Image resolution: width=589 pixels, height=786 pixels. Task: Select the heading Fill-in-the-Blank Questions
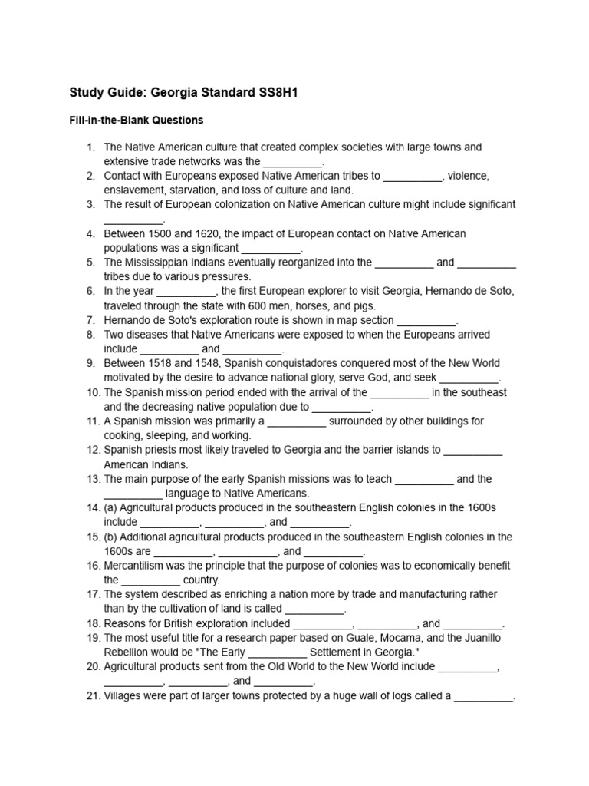[136, 121]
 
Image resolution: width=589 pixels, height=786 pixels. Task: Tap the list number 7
[90, 320]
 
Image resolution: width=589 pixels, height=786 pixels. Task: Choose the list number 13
[90, 479]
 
